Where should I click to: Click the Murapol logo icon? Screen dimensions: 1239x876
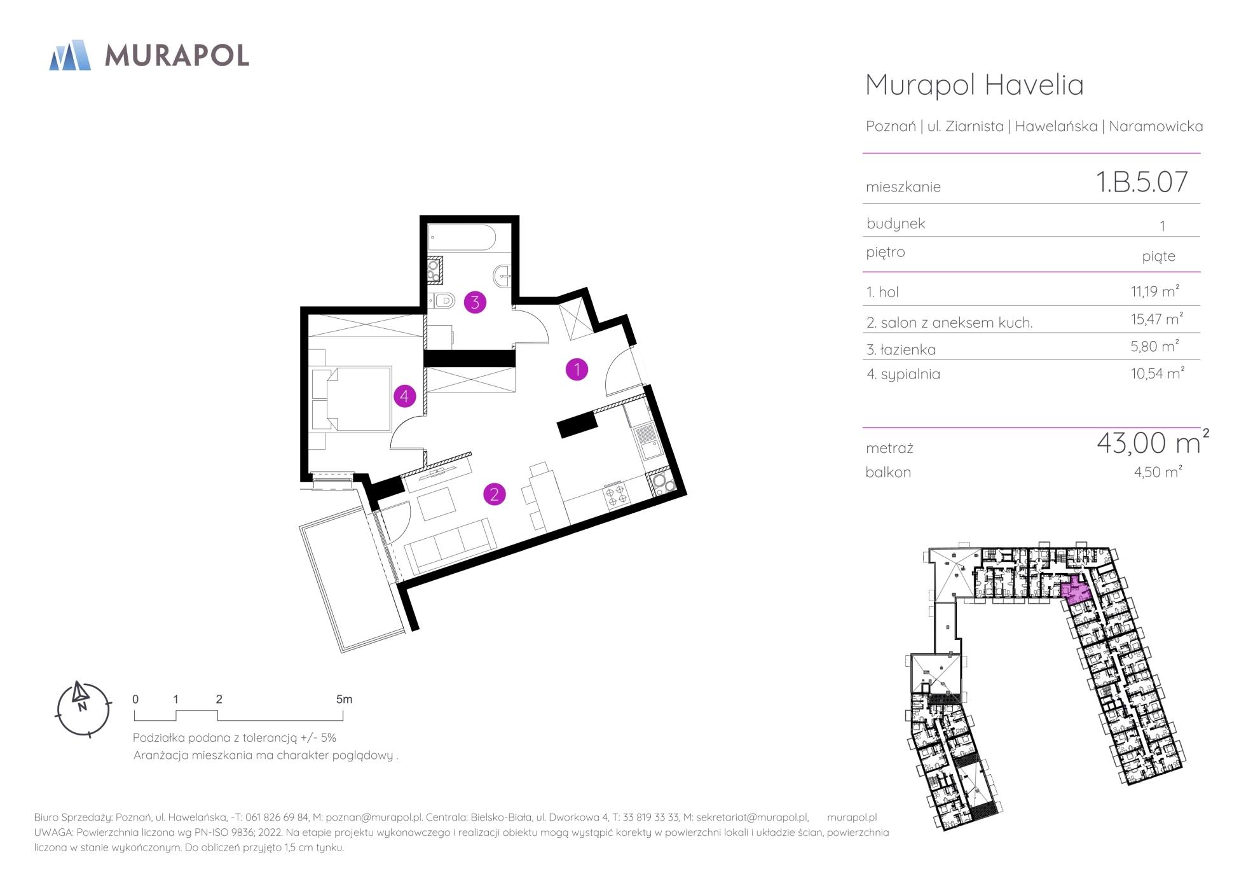pyautogui.click(x=70, y=55)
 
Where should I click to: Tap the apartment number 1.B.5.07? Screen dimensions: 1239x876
pyautogui.click(x=1142, y=182)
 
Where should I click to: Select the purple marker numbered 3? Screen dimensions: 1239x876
pyautogui.click(x=475, y=302)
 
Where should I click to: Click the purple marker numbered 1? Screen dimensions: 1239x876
pyautogui.click(x=577, y=369)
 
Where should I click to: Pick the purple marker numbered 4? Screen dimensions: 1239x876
pyautogui.click(x=404, y=396)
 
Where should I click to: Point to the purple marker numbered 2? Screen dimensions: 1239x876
pyautogui.click(x=494, y=494)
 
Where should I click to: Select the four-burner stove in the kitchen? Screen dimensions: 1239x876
pyautogui.click(x=615, y=496)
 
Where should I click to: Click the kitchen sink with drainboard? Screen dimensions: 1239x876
pyautogui.click(x=648, y=441)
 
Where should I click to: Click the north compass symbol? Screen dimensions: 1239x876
pyautogui.click(x=83, y=709)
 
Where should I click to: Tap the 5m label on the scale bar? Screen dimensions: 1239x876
pyautogui.click(x=344, y=699)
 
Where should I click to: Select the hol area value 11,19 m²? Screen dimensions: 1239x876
pyautogui.click(x=1154, y=291)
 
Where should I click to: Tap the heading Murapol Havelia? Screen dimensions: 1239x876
pyautogui.click(x=975, y=85)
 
